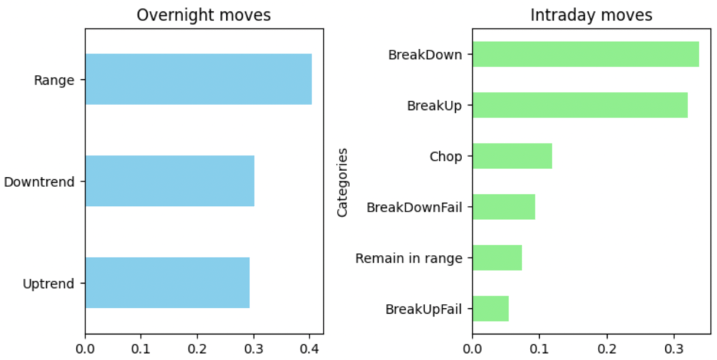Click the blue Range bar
pyautogui.click(x=198, y=79)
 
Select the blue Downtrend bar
pyautogui.click(x=169, y=181)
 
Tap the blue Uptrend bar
pyautogui.click(x=167, y=283)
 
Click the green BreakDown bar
pyautogui.click(x=585, y=54)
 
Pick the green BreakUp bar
pyautogui.click(x=580, y=105)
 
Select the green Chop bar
pyautogui.click(x=512, y=155)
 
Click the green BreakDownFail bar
pyautogui.click(x=503, y=207)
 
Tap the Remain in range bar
pyautogui.click(x=497, y=258)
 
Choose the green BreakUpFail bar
pyautogui.click(x=490, y=309)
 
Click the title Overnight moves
pyautogui.click(x=204, y=15)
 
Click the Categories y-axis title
pyautogui.click(x=342, y=181)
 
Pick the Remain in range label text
pyautogui.click(x=409, y=258)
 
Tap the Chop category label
pyautogui.click(x=445, y=156)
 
